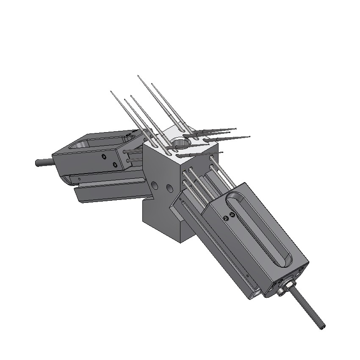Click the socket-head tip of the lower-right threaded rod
(x=323, y=326)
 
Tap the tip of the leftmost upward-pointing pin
(x=111, y=91)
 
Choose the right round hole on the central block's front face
(x=170, y=187)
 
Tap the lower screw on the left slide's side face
(x=115, y=164)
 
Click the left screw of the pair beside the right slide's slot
(x=226, y=219)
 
